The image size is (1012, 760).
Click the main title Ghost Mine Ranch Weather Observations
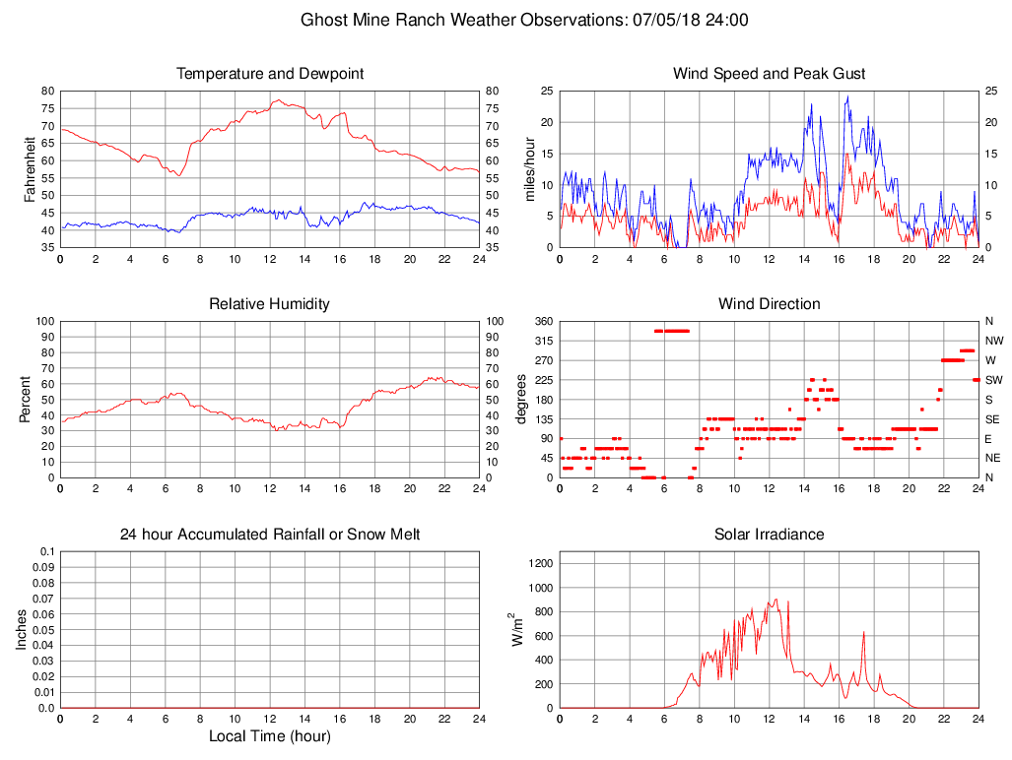523,20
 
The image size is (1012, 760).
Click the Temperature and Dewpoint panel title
270,74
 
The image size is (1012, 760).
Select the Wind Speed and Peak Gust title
769,74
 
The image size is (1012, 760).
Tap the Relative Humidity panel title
270,304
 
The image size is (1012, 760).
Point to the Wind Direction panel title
769,304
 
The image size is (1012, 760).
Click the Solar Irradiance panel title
769,535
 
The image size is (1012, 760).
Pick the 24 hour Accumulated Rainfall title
270,535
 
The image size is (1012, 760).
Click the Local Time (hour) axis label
270,736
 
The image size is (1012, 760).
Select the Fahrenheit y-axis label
30,168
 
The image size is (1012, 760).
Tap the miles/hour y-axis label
529,168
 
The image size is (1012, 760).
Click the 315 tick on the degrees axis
543,341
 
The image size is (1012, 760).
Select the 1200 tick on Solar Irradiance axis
539,564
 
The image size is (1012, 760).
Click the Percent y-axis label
25,399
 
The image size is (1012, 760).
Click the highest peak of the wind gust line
847,96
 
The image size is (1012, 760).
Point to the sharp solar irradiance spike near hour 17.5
863,633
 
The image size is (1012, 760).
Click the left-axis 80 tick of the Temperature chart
47,91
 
